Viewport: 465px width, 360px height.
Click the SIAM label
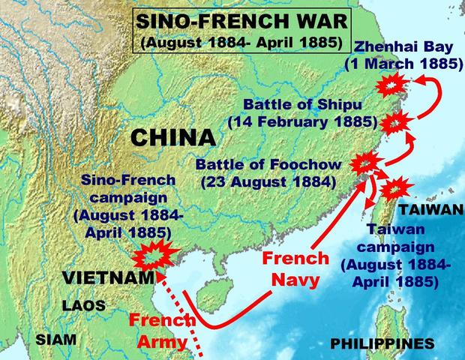(55, 339)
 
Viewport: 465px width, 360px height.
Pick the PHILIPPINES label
(382, 344)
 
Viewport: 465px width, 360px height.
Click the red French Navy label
(295, 270)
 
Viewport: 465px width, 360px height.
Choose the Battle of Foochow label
(267, 172)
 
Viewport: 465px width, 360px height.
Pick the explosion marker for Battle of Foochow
(367, 161)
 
